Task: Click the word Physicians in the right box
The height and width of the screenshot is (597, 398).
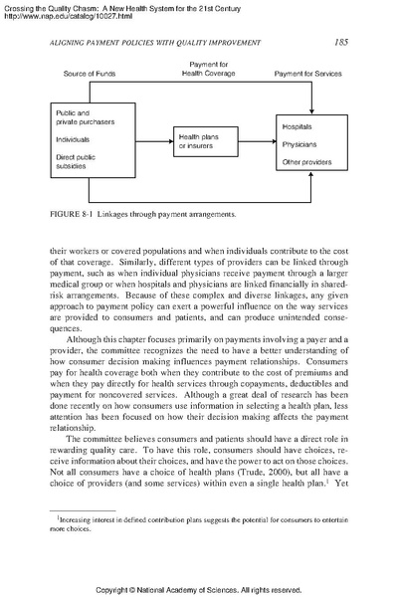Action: click(300, 144)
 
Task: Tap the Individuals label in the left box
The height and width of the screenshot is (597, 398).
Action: click(72, 140)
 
